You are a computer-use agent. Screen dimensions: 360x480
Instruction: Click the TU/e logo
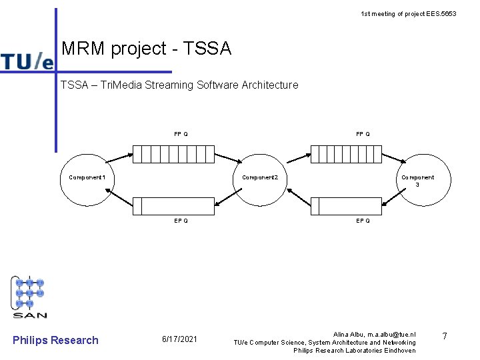point(27,61)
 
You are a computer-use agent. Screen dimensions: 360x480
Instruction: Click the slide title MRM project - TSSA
point(146,49)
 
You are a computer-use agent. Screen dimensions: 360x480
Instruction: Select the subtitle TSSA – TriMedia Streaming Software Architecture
point(179,85)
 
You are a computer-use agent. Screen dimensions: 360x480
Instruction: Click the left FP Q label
point(181,134)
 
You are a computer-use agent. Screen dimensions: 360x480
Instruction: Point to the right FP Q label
point(363,134)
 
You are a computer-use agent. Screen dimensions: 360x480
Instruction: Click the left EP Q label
point(181,221)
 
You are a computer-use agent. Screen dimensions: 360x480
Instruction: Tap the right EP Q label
point(363,221)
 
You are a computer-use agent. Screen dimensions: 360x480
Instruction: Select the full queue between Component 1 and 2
point(173,154)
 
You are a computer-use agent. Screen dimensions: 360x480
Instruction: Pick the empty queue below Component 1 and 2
point(173,207)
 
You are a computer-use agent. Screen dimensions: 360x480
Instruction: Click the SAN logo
point(30,297)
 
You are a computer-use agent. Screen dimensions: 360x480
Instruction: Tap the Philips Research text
point(55,340)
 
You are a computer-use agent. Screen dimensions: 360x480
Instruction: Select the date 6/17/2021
point(180,340)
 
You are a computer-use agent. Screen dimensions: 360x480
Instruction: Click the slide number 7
point(443,337)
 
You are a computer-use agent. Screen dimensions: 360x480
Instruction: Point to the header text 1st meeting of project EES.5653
point(408,13)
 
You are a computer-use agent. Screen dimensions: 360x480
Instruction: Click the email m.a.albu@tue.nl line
point(374,333)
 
